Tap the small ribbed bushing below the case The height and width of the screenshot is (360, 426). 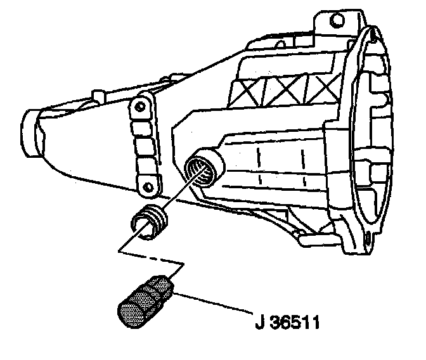(150, 224)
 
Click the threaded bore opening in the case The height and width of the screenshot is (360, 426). (203, 167)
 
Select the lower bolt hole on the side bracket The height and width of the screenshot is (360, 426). (149, 186)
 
